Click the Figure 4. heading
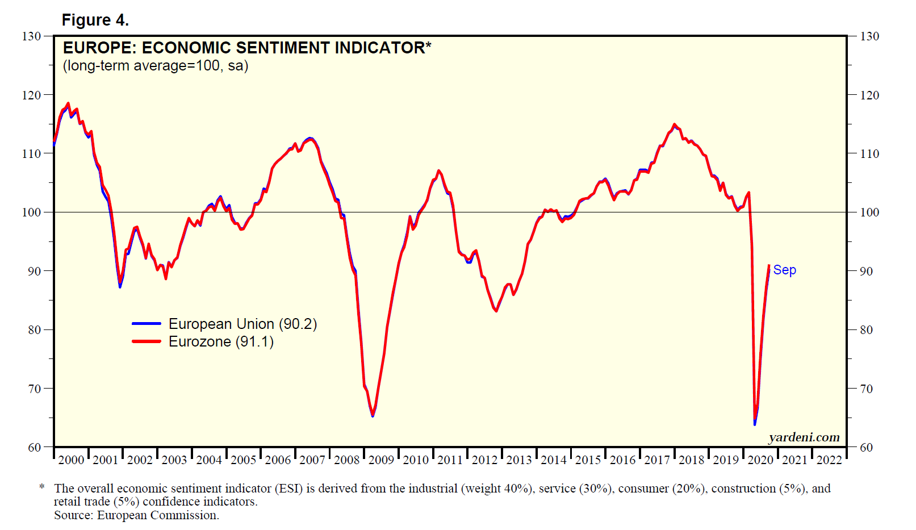click(x=95, y=20)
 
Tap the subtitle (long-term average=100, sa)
click(x=156, y=66)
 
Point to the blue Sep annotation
click(x=784, y=270)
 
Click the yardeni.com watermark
click(x=804, y=437)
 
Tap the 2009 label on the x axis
click(x=381, y=460)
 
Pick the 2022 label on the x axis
click(x=829, y=460)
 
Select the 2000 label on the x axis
click(x=71, y=460)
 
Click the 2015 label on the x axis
click(x=588, y=460)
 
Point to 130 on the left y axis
click(x=31, y=36)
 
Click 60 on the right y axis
click(x=866, y=448)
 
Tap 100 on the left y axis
click(x=31, y=212)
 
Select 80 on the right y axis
click(x=866, y=330)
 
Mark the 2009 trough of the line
click(x=373, y=416)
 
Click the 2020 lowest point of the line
click(x=755, y=423)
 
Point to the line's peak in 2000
click(x=68, y=103)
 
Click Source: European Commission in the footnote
click(x=136, y=515)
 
